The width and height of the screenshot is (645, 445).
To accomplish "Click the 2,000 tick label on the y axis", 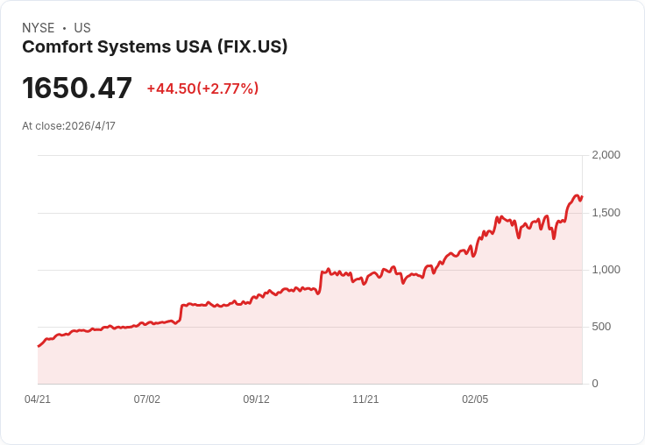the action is (x=606, y=155).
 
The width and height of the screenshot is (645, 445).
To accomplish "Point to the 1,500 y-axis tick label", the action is (x=606, y=213).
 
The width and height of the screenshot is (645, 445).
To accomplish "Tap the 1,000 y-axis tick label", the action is (x=606, y=270).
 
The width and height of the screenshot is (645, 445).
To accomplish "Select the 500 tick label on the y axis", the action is (x=601, y=327).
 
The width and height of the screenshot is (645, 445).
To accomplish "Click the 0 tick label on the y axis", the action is (x=595, y=384).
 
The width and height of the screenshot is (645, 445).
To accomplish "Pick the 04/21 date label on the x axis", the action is (x=38, y=399).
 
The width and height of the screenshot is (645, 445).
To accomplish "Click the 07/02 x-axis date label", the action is (x=147, y=399).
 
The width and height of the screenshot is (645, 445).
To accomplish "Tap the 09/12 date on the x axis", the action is (x=256, y=399).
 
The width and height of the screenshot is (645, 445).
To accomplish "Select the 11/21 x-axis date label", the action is (x=365, y=399).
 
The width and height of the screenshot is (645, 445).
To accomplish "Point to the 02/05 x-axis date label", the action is (x=475, y=399).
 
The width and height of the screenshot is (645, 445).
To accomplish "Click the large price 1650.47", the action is (x=77, y=88).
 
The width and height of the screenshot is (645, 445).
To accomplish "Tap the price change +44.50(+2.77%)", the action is (x=202, y=88).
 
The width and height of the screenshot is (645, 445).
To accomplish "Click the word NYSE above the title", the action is (x=39, y=28).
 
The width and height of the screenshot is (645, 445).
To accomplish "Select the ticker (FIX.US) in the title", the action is (x=252, y=47).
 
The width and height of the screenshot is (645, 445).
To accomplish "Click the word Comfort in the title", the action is (x=58, y=47).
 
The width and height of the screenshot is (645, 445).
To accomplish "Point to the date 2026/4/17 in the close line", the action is (x=90, y=126).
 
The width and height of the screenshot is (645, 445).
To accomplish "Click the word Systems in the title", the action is (x=134, y=47).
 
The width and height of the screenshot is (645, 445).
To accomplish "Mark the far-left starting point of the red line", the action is (x=39, y=346).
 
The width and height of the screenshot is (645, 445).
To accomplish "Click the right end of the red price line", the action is (x=582, y=197).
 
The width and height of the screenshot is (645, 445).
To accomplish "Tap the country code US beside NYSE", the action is (x=82, y=28).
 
